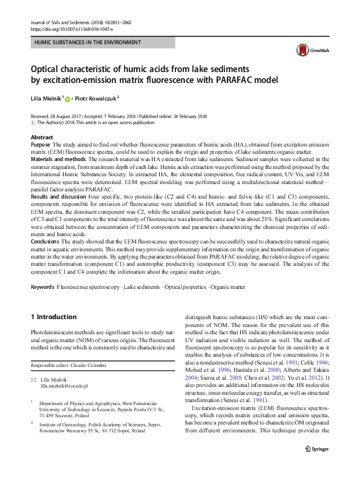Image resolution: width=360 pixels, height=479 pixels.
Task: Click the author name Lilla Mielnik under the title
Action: [45, 97]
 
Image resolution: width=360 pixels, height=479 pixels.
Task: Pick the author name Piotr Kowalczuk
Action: [97, 97]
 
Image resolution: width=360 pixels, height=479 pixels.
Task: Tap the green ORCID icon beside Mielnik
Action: [68, 98]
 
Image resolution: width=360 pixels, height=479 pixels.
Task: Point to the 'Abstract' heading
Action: [42, 138]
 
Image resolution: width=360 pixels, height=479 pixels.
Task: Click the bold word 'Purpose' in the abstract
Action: [41, 146]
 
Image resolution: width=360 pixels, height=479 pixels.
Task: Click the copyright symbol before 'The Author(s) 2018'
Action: [33, 122]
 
